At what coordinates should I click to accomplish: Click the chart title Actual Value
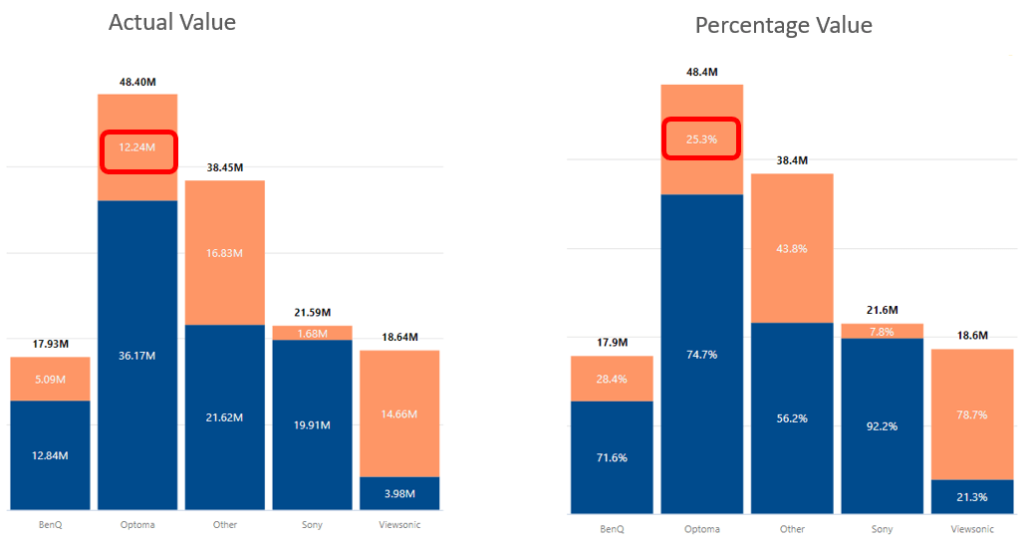coord(171,22)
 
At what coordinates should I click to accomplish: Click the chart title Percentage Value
coord(783,25)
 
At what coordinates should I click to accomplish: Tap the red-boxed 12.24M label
coord(136,146)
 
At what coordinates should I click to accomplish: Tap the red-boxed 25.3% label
coord(701,138)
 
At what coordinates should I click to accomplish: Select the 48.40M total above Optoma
coord(136,81)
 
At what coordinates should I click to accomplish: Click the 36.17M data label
coord(136,355)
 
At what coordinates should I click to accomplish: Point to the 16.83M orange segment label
coord(224,253)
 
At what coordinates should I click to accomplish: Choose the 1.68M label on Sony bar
coord(312,333)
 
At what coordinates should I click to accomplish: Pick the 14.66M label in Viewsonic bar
coord(399,413)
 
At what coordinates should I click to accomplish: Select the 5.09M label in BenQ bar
coord(50,379)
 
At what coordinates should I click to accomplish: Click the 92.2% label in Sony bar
coord(882,425)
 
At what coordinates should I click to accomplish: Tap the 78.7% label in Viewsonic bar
coord(971,413)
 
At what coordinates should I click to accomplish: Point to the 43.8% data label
coord(792,248)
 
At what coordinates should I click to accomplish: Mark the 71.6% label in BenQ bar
coord(612,457)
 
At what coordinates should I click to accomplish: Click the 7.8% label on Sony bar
coord(882,332)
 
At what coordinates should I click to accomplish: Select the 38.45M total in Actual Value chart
coord(224,168)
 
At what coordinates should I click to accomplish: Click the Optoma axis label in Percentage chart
coord(701,529)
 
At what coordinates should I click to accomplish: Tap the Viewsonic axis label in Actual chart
coord(399,523)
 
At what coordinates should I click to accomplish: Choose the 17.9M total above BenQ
coord(612,342)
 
